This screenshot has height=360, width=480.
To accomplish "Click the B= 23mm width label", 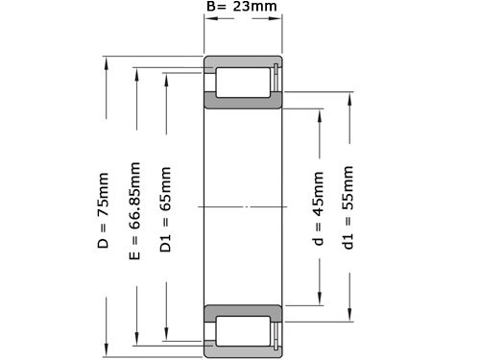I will coord(242,9).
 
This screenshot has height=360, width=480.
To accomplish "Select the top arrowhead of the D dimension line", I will coord(106,63).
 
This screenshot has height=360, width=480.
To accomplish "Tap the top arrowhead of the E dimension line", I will coord(137,72).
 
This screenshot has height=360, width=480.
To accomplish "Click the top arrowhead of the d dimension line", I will coord(319,112).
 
